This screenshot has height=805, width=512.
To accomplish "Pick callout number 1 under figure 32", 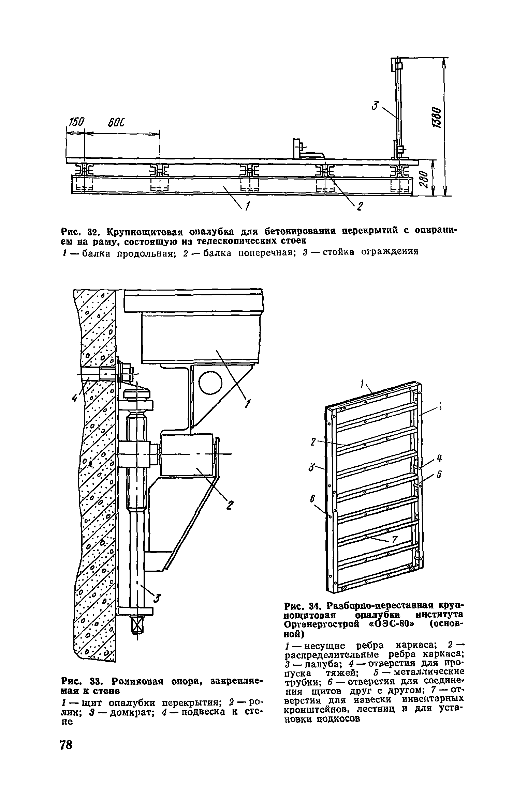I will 248,206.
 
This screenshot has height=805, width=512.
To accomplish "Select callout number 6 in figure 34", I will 312,499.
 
